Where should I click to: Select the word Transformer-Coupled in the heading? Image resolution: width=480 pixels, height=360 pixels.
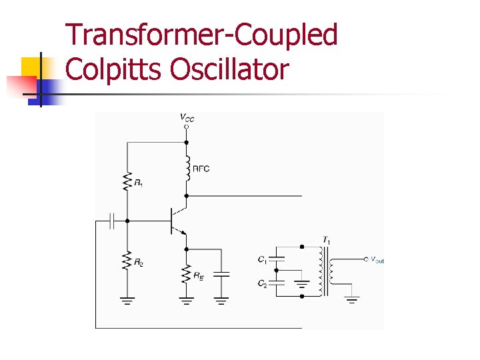[x=202, y=35]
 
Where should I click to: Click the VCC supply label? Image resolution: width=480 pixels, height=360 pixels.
[x=187, y=118]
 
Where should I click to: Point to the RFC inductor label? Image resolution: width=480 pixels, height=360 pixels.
[x=201, y=169]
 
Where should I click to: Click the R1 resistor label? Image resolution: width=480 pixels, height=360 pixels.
[x=138, y=183]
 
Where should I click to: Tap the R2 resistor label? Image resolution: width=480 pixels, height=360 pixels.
[x=138, y=263]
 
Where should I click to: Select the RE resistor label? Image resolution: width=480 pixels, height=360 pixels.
[x=199, y=275]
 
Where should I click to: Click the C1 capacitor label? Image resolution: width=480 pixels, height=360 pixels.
[x=262, y=259]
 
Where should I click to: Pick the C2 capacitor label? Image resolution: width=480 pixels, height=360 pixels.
[x=262, y=283]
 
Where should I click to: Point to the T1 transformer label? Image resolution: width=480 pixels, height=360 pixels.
[x=326, y=239]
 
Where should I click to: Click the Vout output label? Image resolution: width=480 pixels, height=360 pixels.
[x=377, y=260]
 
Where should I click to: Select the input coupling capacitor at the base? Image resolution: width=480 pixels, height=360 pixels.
[x=112, y=221]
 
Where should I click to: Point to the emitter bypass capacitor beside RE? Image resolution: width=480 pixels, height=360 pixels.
[x=222, y=273]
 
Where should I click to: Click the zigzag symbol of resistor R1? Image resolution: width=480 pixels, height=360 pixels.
[x=127, y=181]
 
